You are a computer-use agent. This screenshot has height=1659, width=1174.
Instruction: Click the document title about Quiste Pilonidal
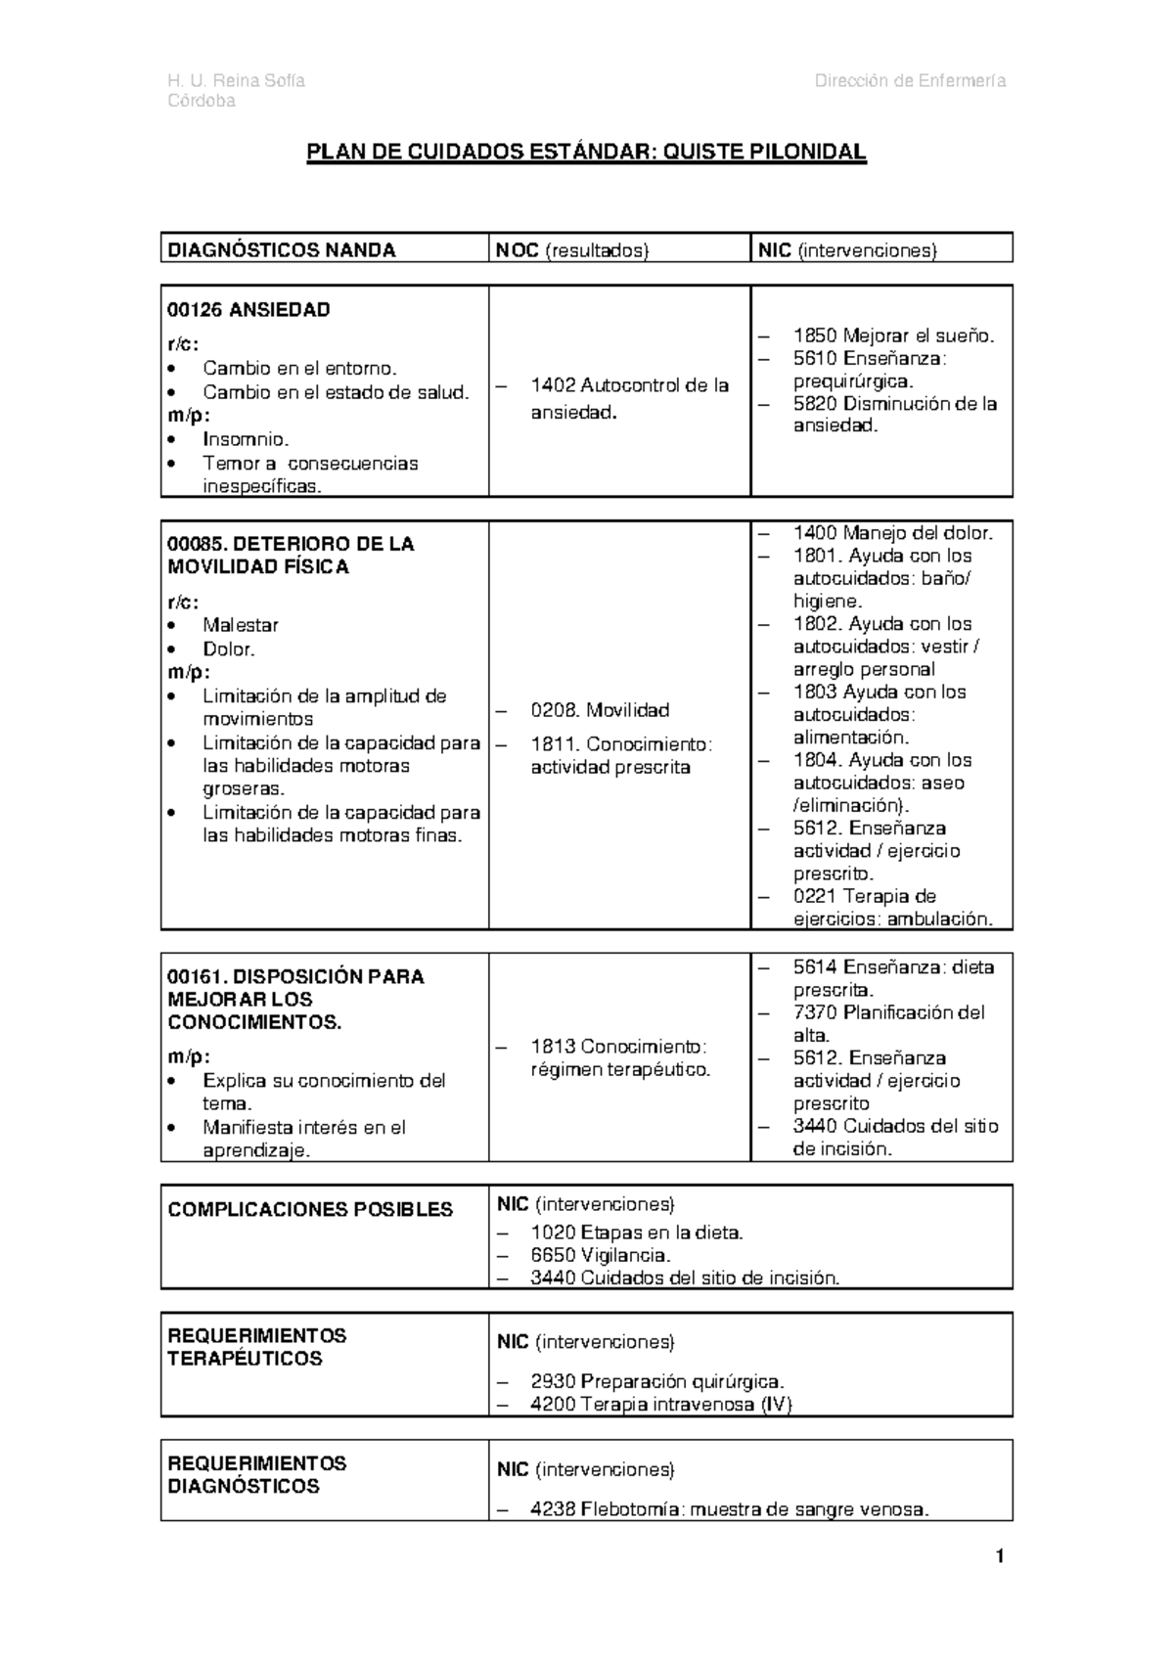pyautogui.click(x=587, y=152)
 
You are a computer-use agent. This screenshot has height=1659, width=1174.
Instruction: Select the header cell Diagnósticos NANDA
pyautogui.click(x=282, y=250)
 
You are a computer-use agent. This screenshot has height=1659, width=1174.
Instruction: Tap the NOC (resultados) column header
pyautogui.click(x=572, y=250)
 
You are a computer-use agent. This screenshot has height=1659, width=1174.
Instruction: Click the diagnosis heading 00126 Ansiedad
pyautogui.click(x=248, y=310)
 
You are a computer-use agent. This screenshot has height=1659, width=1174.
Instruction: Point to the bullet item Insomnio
pyautogui.click(x=246, y=439)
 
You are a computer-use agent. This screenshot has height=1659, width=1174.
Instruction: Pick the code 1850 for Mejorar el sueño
pyautogui.click(x=815, y=336)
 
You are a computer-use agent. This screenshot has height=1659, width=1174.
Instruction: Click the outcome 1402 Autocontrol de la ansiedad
pyautogui.click(x=629, y=398)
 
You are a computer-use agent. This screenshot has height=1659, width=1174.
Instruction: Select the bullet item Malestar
pyautogui.click(x=241, y=625)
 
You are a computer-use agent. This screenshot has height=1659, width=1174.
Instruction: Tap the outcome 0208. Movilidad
pyautogui.click(x=600, y=710)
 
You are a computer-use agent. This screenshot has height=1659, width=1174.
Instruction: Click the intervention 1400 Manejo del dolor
pyautogui.click(x=892, y=533)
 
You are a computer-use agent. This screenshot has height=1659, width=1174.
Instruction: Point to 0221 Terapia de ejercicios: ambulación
pyautogui.click(x=892, y=908)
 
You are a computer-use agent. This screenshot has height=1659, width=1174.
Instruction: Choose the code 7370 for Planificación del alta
pyautogui.click(x=815, y=1012)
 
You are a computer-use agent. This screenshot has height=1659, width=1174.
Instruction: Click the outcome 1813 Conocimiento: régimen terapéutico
pyautogui.click(x=619, y=1057)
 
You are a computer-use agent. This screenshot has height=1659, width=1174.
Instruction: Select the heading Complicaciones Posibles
pyautogui.click(x=310, y=1210)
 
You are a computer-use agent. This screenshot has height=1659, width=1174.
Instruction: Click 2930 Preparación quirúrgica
pyautogui.click(x=656, y=1382)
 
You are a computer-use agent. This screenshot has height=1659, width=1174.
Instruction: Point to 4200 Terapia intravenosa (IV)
pyautogui.click(x=660, y=1405)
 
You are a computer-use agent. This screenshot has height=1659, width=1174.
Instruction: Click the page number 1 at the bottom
pyautogui.click(x=1000, y=1556)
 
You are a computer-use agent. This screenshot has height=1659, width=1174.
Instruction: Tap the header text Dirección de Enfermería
pyautogui.click(x=910, y=80)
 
